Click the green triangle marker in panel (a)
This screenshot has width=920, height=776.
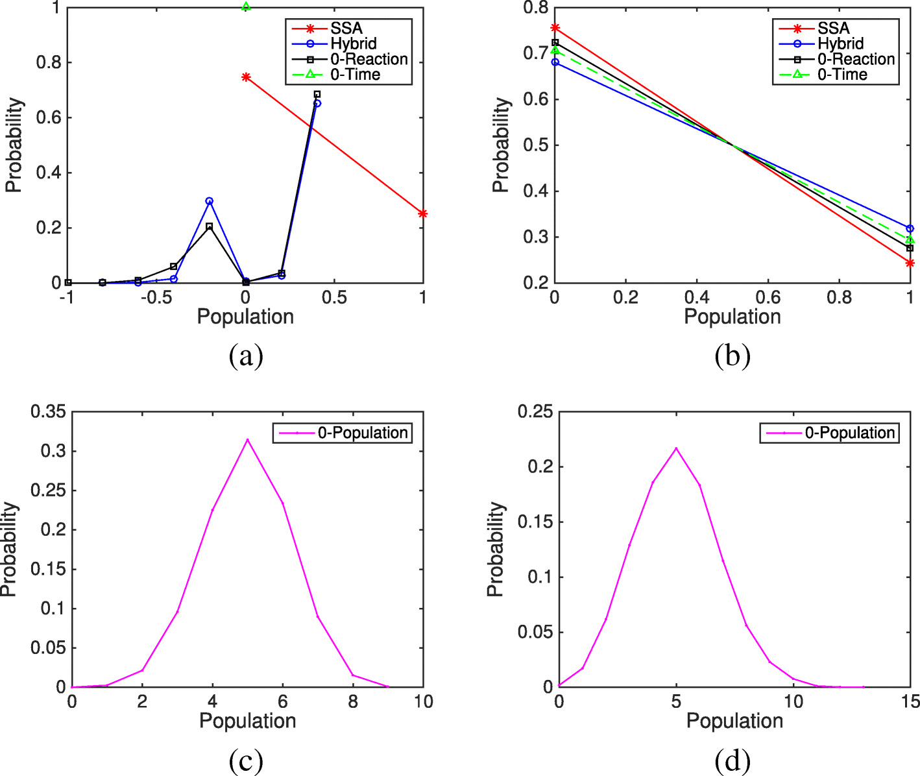pos(246,6)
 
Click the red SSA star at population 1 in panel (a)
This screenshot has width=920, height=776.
pos(422,213)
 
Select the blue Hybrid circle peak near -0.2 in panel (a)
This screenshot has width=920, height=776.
pos(210,201)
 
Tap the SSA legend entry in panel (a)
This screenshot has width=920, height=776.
pos(346,29)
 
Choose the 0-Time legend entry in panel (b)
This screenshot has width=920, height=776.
pos(841,75)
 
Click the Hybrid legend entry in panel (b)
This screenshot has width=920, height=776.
pos(840,44)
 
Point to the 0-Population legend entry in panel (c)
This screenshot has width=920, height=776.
pos(362,433)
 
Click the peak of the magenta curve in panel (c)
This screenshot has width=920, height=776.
pos(247,440)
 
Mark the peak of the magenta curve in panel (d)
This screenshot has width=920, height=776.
pos(676,448)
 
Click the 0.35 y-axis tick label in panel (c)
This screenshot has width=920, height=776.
pos(49,411)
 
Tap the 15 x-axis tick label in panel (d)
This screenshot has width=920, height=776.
pos(910,701)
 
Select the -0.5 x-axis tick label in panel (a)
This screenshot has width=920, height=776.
pos(156,297)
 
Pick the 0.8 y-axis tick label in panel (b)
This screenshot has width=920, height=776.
pos(536,8)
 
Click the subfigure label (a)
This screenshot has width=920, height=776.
pos(246,356)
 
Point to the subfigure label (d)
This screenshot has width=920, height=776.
pos(732,760)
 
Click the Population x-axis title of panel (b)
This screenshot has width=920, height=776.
pos(732,317)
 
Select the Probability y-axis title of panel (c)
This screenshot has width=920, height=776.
pos(9,549)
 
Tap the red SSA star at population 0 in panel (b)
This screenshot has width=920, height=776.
pos(555,28)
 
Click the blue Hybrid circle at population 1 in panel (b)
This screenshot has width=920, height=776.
pos(910,228)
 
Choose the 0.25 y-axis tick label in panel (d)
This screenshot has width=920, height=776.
pos(535,411)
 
